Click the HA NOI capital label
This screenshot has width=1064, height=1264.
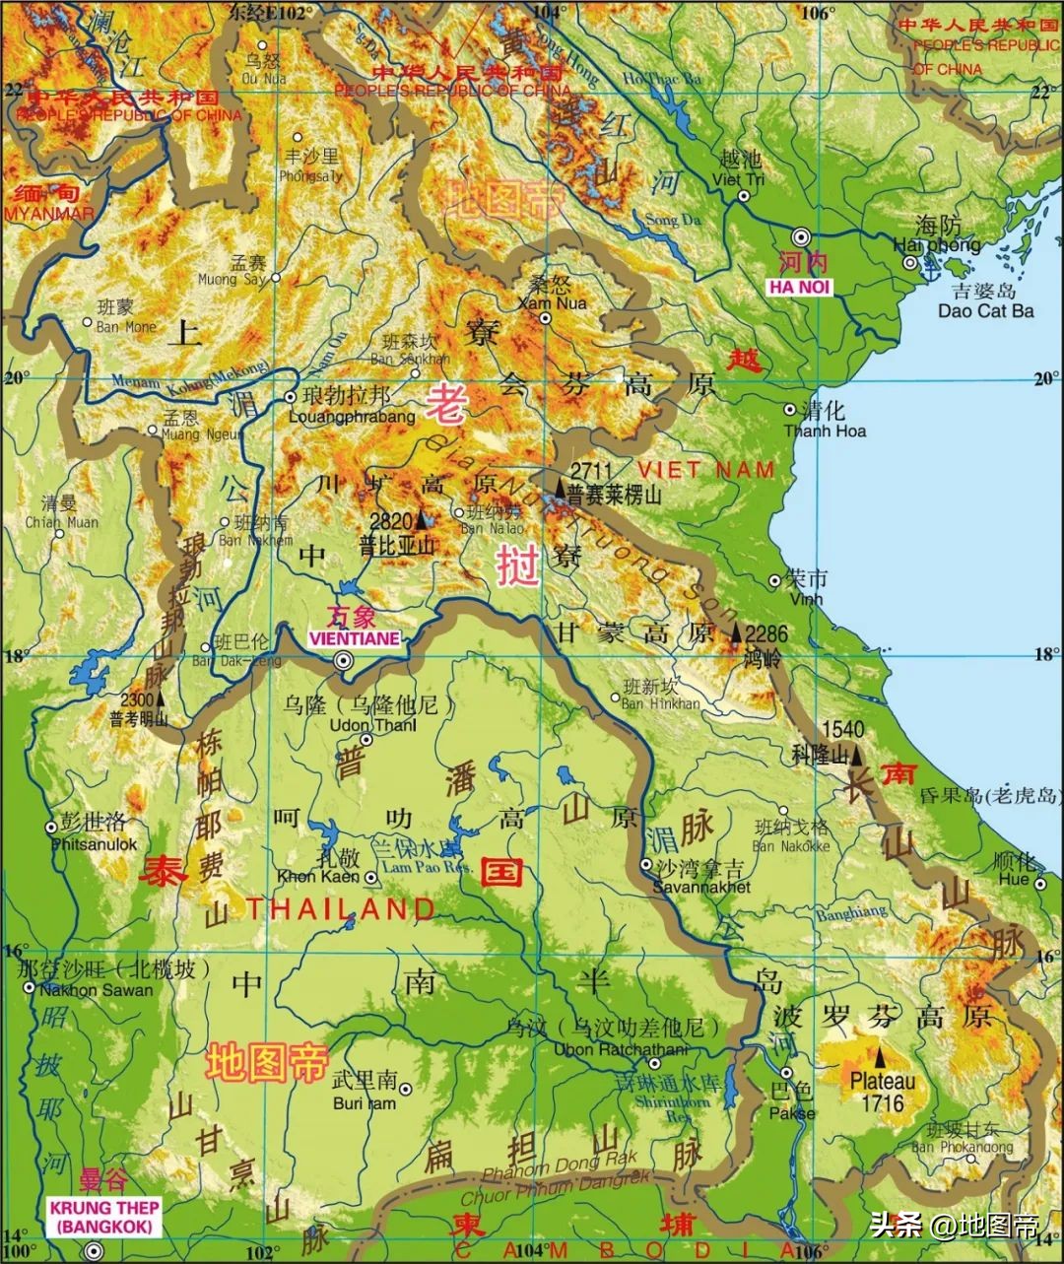pyautogui.click(x=800, y=287)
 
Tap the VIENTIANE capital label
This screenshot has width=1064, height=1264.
pyautogui.click(x=354, y=638)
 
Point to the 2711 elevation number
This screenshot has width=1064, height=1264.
pyautogui.click(x=591, y=470)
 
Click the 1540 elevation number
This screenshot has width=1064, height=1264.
pyautogui.click(x=841, y=730)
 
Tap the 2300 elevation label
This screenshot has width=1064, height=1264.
pyautogui.click(x=137, y=699)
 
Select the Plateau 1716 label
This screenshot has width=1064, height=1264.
pyautogui.click(x=882, y=1092)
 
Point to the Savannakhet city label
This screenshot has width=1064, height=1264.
pyautogui.click(x=701, y=887)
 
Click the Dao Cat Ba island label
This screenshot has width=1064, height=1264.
pyautogui.click(x=985, y=310)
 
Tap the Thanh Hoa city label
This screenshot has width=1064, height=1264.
pyautogui.click(x=825, y=431)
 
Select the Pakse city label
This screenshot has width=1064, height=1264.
pyautogui.click(x=792, y=1112)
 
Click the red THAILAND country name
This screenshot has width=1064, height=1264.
pyautogui.click(x=340, y=908)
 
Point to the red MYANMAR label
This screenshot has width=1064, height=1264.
pyautogui.click(x=49, y=214)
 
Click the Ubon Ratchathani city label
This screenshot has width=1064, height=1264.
pyautogui.click(x=621, y=1049)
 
